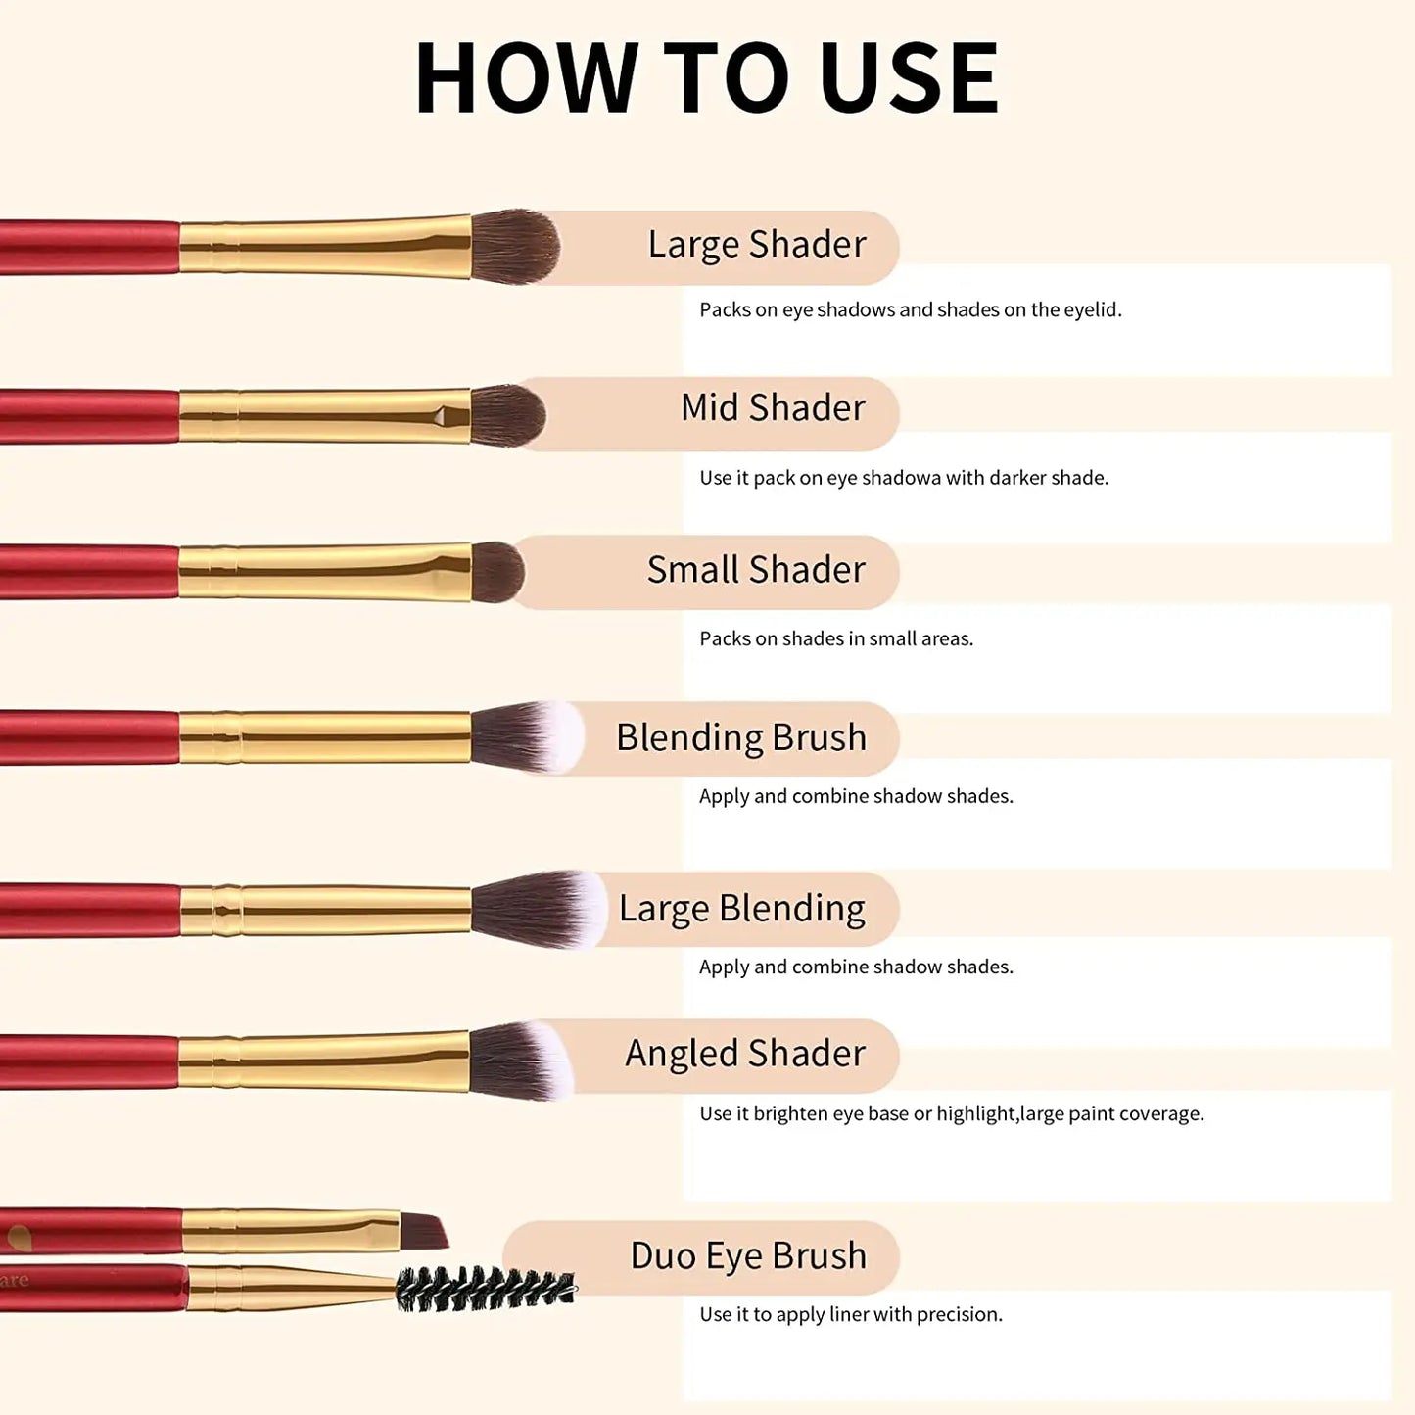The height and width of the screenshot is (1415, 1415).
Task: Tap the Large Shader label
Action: [x=757, y=245]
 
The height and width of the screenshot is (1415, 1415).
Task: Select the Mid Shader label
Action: [x=773, y=407]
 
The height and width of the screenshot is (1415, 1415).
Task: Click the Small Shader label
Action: [x=756, y=570]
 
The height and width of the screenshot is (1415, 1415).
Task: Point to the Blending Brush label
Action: [x=741, y=737]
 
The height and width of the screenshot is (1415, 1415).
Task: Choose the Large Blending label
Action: [x=741, y=909]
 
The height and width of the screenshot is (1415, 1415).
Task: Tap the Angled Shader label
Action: [x=745, y=1054]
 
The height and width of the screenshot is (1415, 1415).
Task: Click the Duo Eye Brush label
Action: [x=748, y=1256]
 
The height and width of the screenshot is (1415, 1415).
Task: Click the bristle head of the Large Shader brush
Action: [x=515, y=247]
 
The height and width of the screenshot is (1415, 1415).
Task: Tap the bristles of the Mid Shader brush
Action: [x=507, y=415]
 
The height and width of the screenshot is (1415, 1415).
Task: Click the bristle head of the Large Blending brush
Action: [x=539, y=909]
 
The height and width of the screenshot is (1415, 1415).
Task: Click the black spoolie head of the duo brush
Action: [x=485, y=1289]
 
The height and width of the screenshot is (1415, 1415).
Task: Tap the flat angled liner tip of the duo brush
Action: [x=424, y=1231]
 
